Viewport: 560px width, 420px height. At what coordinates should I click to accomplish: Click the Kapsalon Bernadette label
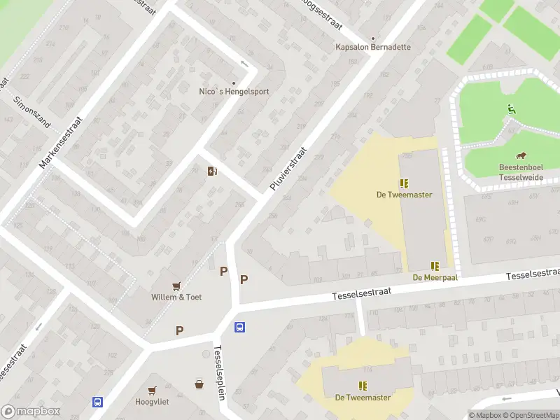click(372, 47)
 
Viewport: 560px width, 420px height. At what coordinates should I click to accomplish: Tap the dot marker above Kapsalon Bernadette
click(372, 38)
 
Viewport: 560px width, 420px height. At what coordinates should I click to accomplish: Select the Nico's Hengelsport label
click(234, 91)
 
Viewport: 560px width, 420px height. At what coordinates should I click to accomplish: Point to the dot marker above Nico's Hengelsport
click(234, 82)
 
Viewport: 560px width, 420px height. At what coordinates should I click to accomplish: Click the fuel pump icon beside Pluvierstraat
click(211, 171)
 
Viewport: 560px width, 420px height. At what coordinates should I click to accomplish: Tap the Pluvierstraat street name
click(288, 169)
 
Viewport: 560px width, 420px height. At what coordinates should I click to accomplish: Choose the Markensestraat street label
click(61, 142)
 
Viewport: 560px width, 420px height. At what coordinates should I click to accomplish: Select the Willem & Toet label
click(176, 297)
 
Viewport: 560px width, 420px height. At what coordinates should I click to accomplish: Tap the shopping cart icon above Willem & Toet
click(176, 286)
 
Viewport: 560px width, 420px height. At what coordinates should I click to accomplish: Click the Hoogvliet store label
click(152, 402)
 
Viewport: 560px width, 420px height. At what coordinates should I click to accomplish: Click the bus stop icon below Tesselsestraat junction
click(239, 327)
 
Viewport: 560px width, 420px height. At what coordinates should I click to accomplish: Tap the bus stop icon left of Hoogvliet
click(97, 402)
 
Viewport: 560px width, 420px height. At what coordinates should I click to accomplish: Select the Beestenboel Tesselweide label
click(521, 172)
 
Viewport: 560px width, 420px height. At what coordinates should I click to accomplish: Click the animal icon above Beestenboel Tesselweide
click(521, 155)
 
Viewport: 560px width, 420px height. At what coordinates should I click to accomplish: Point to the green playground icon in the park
click(512, 108)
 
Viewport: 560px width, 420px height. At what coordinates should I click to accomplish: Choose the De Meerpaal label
click(435, 277)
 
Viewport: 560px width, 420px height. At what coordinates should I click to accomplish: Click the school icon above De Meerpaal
click(435, 266)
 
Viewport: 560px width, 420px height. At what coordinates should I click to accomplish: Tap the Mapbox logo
click(31, 412)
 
